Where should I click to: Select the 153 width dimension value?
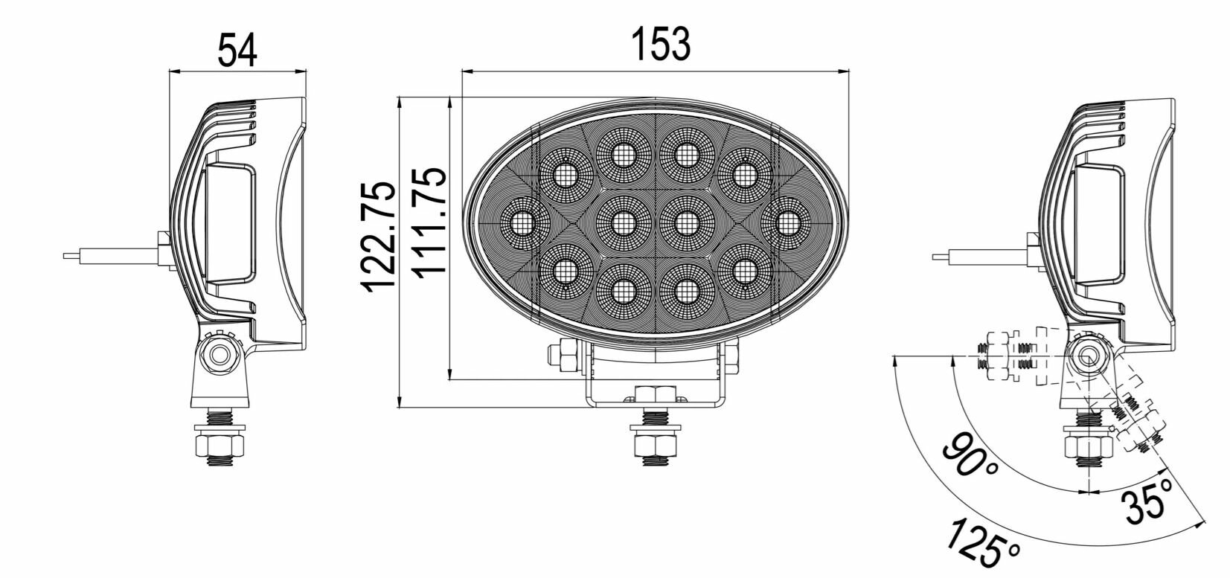click(661, 44)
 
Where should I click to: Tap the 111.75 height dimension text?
click(430, 222)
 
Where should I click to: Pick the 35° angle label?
click(1150, 500)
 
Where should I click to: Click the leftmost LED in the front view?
click(521, 222)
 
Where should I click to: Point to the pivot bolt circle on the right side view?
click(1087, 355)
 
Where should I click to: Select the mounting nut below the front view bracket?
click(655, 445)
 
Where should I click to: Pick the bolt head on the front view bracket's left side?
click(563, 356)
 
